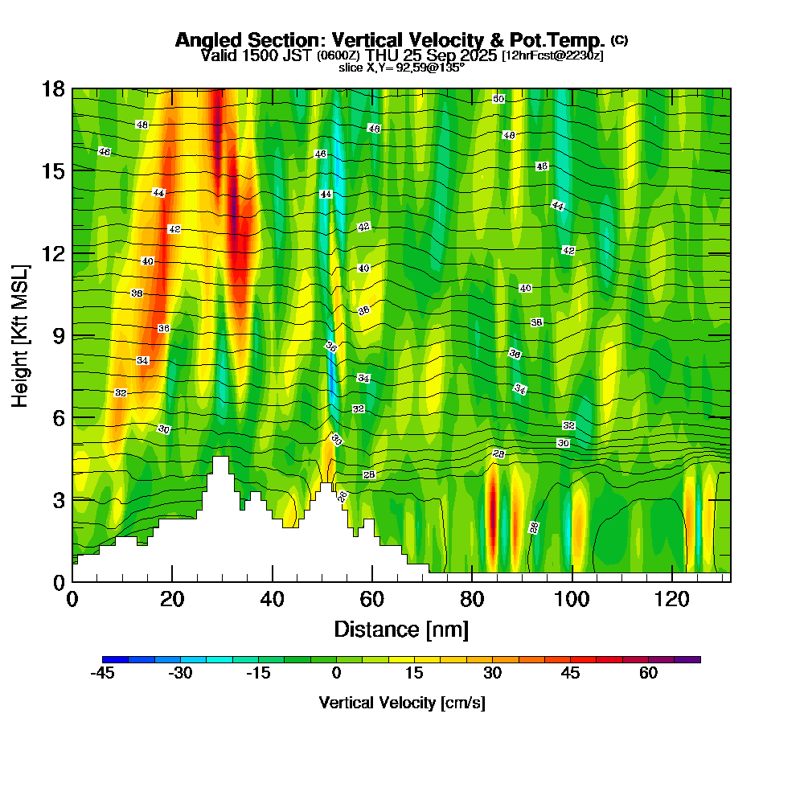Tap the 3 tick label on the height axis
[58, 500]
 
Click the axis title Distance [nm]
[401, 629]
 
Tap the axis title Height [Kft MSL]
[21, 334]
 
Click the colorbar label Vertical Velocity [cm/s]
[401, 703]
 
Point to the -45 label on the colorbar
[102, 674]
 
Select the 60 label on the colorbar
[649, 674]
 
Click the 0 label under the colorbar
[337, 674]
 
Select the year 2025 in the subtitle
[478, 55]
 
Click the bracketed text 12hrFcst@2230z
[552, 55]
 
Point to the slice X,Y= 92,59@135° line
[401, 68]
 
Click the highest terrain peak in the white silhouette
[220, 458]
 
